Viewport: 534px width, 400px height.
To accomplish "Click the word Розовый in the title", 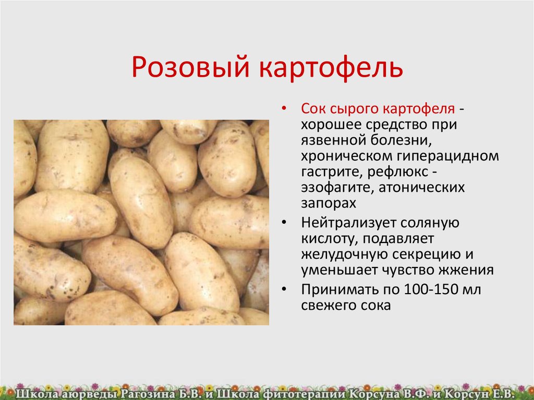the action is point(191,67).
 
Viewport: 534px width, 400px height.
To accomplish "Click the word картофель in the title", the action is point(331,68).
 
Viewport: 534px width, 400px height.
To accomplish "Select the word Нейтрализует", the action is point(348,223).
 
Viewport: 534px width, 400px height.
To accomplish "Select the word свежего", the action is point(326,306).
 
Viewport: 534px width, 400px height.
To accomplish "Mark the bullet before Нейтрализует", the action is point(284,223).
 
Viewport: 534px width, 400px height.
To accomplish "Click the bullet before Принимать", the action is point(284,289).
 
